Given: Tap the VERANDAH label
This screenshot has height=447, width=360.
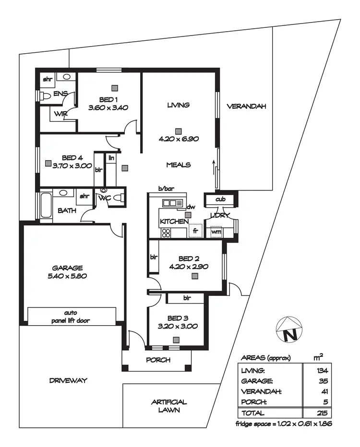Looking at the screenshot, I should point(246,106).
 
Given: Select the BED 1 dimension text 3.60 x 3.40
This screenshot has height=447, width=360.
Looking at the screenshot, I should point(108,108).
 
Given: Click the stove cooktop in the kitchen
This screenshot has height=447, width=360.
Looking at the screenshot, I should point(166,233).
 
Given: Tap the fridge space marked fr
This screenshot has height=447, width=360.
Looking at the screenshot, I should point(195,231).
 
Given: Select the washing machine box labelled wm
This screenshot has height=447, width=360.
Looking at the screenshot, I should point(216,232).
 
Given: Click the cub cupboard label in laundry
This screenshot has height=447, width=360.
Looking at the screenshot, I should point(220,199).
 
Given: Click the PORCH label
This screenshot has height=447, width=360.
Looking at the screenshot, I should point(158,360).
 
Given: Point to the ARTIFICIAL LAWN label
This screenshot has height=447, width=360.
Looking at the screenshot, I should point(168,406).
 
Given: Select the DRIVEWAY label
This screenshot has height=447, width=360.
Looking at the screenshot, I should point(68,380).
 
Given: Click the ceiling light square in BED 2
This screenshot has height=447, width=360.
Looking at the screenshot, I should point(194,276).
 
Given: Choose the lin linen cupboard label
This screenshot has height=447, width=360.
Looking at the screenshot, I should point(111,157).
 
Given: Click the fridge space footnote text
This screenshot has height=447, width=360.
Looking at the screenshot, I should point(284,424).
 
